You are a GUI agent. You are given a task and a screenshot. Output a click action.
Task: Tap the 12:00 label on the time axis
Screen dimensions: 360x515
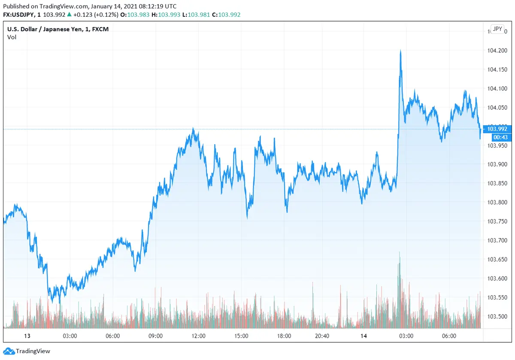[198, 336]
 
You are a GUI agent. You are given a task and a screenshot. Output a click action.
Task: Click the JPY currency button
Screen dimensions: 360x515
[497, 29]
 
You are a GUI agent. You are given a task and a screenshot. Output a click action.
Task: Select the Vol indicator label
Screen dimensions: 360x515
[12, 37]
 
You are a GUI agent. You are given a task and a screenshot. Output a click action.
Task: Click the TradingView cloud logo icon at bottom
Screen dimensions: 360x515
[9, 351]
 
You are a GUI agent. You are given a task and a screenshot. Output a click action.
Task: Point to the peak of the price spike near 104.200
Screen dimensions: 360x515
[400, 51]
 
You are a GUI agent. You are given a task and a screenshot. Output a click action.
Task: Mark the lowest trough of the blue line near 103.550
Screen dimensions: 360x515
[52, 302]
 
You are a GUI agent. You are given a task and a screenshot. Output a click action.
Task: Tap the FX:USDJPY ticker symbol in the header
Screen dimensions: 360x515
[19, 15]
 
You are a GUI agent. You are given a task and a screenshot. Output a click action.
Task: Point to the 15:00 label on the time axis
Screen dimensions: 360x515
[241, 336]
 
